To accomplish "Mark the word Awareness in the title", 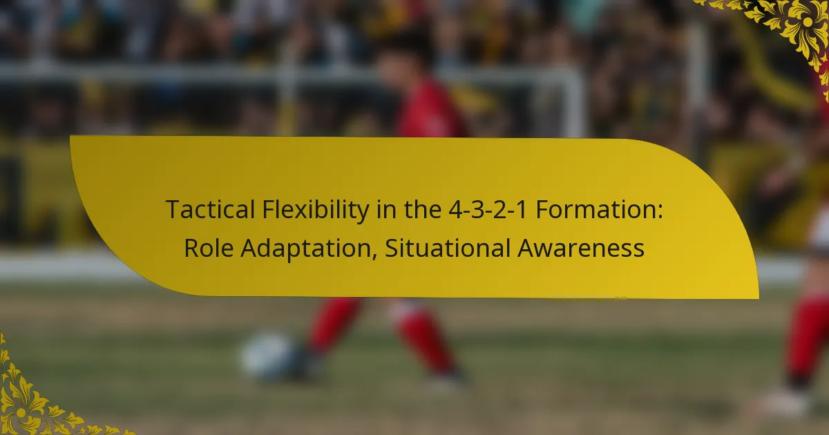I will tap(581, 248).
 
